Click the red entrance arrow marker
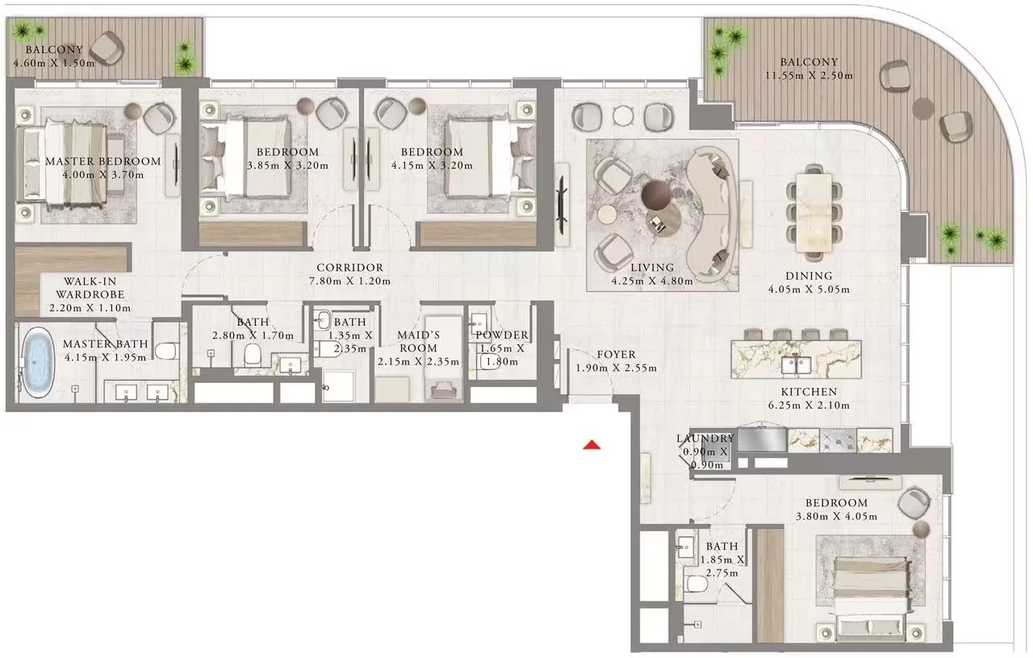pos(592,444)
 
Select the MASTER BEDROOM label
pos(102,161)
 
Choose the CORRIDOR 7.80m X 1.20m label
pos(349,274)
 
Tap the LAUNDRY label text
pos(705,439)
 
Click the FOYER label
pos(616,354)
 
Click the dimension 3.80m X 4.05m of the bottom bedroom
pos(834,517)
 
